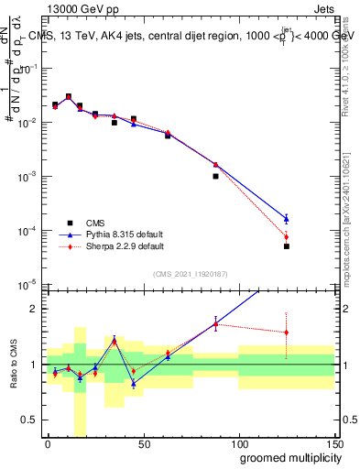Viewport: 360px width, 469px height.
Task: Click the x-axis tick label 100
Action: (x=238, y=443)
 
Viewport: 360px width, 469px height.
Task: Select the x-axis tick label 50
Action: (x=143, y=443)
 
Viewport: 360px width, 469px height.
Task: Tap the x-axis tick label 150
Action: (x=333, y=443)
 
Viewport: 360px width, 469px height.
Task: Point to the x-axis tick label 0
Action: (x=48, y=443)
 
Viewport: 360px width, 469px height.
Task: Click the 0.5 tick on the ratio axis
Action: (x=29, y=420)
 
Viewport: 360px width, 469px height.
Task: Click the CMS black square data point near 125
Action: (x=286, y=246)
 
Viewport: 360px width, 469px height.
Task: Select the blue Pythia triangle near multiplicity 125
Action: (x=286, y=218)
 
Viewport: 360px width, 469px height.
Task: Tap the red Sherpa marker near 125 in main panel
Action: (x=286, y=237)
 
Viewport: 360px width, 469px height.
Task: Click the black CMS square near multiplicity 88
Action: (x=215, y=176)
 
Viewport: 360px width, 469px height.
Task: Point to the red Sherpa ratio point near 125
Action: (x=286, y=333)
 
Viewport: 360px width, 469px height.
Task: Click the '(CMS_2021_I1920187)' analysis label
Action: (x=190, y=274)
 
